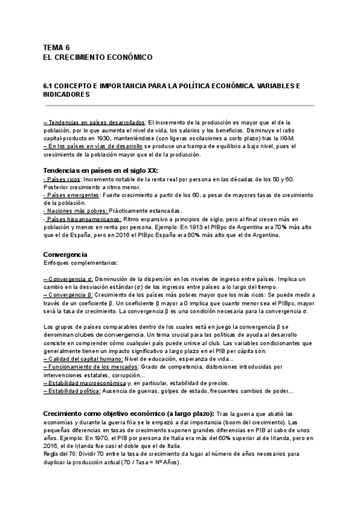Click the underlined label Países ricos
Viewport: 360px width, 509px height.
pyautogui.click(x=63, y=179)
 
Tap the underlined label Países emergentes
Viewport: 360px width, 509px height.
pyautogui.click(x=71, y=195)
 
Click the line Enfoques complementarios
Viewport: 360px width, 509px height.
pyautogui.click(x=81, y=263)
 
